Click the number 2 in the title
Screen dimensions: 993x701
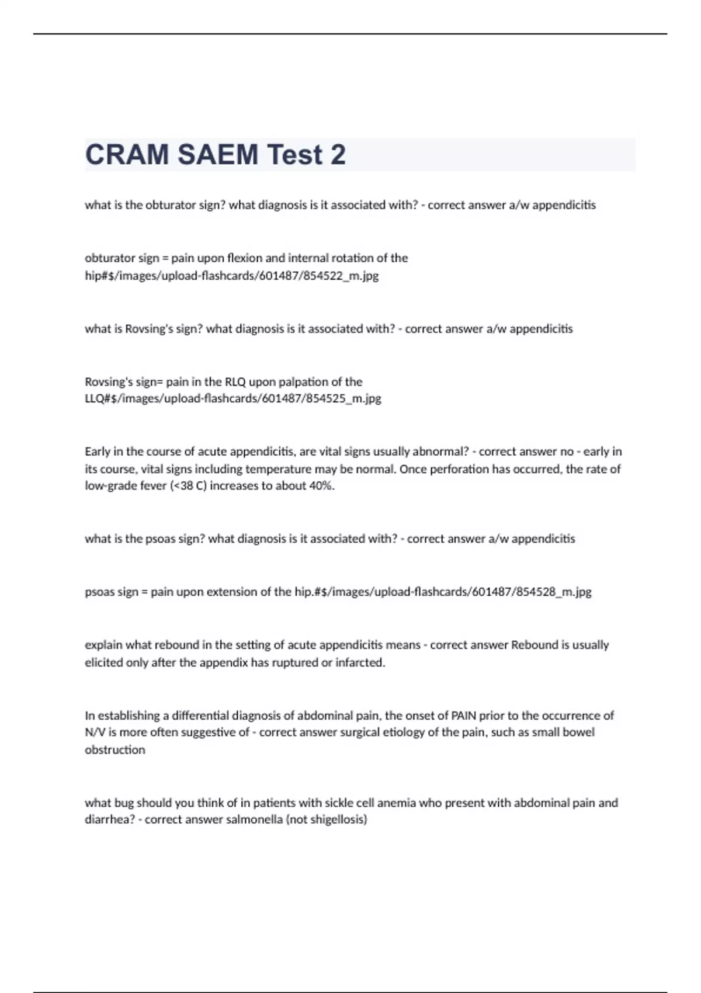338,155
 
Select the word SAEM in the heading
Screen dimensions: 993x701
218,155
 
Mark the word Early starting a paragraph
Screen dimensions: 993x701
98,452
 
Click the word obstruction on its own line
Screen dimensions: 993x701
115,750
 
